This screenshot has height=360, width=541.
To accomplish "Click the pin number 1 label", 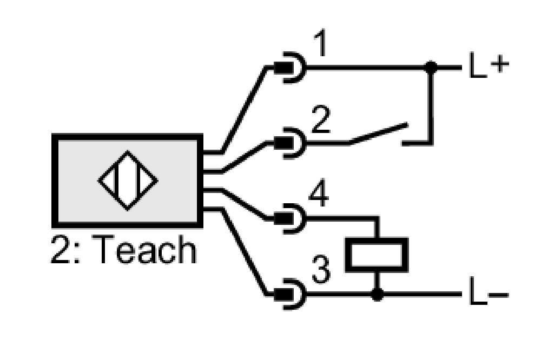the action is (x=320, y=43).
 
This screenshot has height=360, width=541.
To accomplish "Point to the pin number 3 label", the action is (x=321, y=269).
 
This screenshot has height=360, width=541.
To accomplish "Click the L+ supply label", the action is (x=489, y=65).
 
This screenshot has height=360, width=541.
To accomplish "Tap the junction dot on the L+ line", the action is (x=431, y=67).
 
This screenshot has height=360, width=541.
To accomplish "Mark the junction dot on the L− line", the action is (x=377, y=295).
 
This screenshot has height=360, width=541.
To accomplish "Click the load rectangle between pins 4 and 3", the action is (x=377, y=255).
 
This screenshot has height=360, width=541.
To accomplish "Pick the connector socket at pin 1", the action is (x=291, y=68).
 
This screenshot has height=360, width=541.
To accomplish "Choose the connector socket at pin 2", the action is (x=291, y=142).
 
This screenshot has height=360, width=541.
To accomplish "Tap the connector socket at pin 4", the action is (x=291, y=218).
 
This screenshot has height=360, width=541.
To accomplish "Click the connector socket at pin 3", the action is (x=291, y=295).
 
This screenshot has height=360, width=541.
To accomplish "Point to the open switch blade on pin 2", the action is (x=379, y=133).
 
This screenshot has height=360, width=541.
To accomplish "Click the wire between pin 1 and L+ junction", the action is (x=366, y=68).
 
